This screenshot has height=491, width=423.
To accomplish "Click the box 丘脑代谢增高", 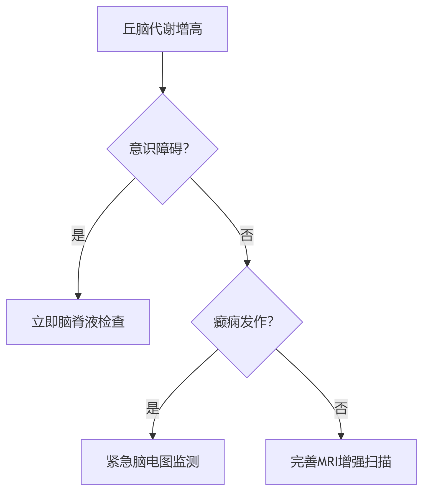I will (x=162, y=29).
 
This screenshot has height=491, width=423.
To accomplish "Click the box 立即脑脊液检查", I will (x=78, y=322).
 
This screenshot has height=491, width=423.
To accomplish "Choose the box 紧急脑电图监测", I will (x=152, y=462).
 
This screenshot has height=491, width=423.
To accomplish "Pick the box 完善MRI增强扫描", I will (x=341, y=462).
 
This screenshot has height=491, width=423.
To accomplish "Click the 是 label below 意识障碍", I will (x=78, y=235).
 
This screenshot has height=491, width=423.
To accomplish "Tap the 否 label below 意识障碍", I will (x=247, y=235).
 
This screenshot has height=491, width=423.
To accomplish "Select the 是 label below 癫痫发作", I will (x=152, y=408).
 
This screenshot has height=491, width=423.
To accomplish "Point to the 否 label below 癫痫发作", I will (x=341, y=408).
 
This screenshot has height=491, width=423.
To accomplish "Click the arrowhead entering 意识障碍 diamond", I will (x=163, y=90).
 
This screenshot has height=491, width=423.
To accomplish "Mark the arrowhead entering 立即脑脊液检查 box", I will (x=78, y=296).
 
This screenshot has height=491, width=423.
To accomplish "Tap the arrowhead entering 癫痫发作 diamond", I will (x=247, y=263).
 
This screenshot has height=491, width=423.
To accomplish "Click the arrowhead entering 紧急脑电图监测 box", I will (x=153, y=436).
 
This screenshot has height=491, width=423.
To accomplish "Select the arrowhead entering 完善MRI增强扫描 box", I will (x=341, y=436).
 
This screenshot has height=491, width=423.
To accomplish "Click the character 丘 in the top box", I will (x=129, y=29).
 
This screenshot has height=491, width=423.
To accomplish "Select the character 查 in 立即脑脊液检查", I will (x=118, y=322).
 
